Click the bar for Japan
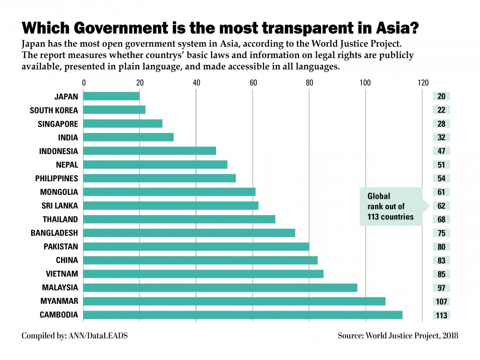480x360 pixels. pos(112,96)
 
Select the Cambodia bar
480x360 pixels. pos(243,315)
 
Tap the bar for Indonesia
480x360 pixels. pos(150,151)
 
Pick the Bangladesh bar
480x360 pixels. pos(190,233)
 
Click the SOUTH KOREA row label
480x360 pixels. pos(54,110)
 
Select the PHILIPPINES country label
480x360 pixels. pos(57,179)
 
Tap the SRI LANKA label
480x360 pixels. pos(60,206)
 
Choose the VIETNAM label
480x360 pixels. pos(61,274)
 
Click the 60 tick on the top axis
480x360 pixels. pos(253,83)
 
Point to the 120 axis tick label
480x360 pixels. pos(422,83)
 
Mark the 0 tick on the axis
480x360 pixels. pos(84,83)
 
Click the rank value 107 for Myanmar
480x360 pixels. pos(441,302)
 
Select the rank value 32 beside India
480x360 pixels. pos(441,138)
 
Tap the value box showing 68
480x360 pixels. pos(441,220)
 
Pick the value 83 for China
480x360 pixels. pos(441,261)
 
